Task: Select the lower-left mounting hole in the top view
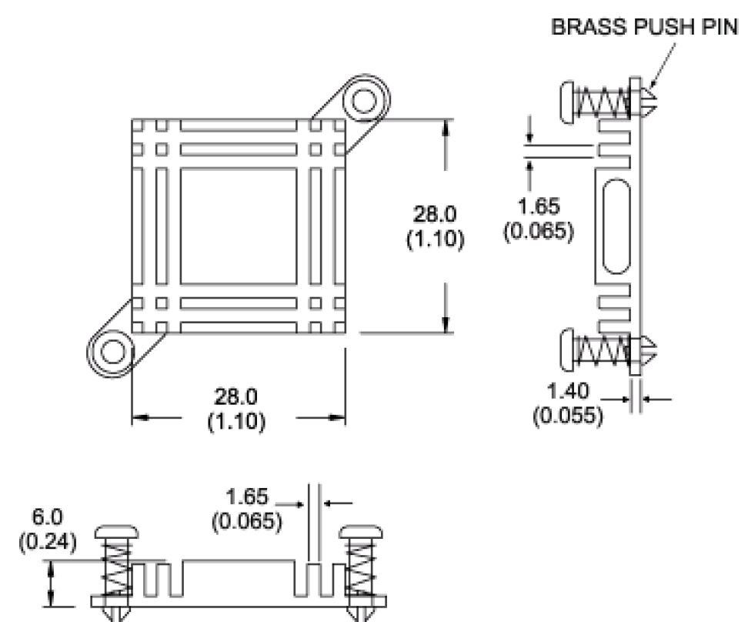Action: pos(113,352)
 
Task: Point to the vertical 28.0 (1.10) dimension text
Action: pos(435,226)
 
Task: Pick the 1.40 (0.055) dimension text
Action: pos(568,404)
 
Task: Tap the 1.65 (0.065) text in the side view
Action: pos(538,218)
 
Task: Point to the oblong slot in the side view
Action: pos(618,226)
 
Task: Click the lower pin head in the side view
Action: pos(566,349)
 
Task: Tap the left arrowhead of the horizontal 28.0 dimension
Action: pos(139,418)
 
